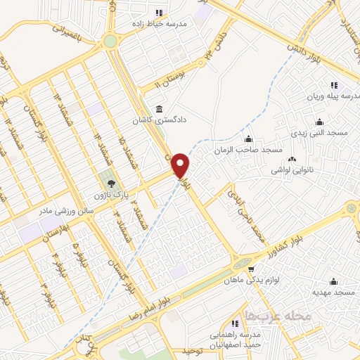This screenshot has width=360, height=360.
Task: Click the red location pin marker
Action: click(181, 165)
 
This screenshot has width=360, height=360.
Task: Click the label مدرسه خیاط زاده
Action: click(162, 23)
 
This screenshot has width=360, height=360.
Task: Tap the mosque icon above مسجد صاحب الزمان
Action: click(247, 138)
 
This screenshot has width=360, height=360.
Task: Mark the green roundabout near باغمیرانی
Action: click(110, 41)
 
